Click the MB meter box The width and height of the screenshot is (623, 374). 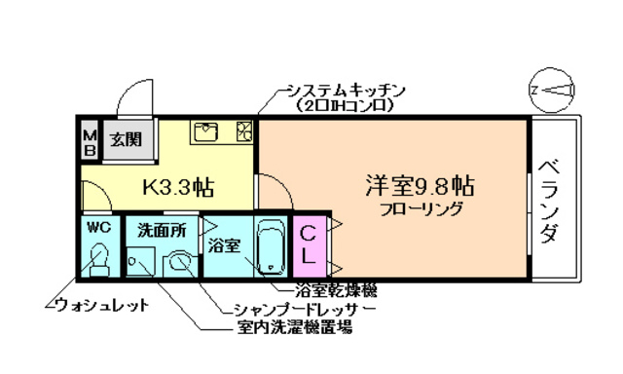point(89,141)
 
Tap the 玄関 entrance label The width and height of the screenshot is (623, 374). point(124,139)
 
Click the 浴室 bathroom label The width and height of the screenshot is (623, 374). point(225,245)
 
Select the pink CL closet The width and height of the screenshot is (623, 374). point(306,245)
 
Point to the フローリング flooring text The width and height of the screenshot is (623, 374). point(421,209)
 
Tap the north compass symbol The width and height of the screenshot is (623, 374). point(552,91)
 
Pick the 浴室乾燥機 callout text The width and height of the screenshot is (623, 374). point(337,290)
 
